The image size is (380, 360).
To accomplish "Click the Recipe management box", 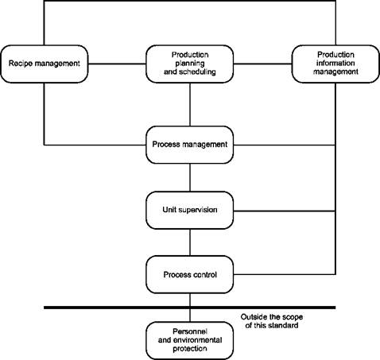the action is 45,64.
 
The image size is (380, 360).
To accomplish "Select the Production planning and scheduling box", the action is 190,64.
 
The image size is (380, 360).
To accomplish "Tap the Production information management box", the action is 335,64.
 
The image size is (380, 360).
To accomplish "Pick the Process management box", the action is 190,145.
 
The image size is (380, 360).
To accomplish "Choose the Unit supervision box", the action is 190,210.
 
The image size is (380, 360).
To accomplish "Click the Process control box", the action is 190,275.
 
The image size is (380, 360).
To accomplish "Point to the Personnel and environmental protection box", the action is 190,341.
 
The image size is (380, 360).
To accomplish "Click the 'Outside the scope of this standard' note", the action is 272,321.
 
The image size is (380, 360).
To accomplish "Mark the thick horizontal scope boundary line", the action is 190,308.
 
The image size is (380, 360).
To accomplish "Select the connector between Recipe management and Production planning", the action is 117,64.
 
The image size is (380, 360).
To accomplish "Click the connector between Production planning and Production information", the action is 262,64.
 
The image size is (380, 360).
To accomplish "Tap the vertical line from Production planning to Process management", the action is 190,104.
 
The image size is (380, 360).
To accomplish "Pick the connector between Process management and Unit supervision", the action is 190,177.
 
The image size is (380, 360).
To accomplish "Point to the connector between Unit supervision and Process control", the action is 190,242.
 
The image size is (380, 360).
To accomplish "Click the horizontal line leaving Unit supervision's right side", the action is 285,211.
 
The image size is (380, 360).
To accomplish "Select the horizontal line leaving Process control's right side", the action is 285,274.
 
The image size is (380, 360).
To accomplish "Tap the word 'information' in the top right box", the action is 335,63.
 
